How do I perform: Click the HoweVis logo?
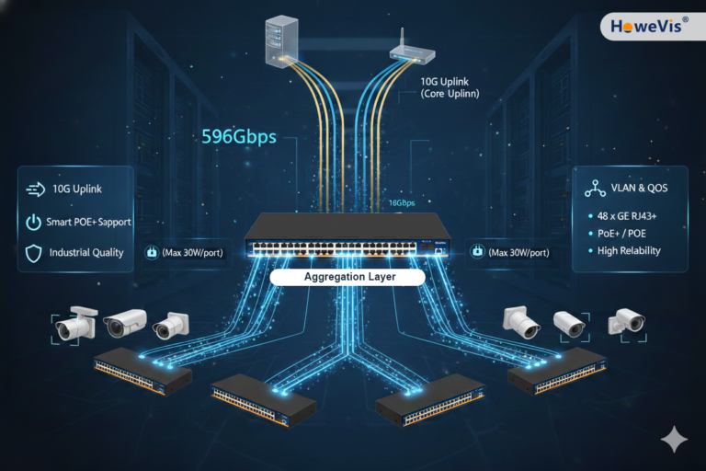(x=651, y=25)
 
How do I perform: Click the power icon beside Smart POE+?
(x=33, y=222)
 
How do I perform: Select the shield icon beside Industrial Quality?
(x=33, y=252)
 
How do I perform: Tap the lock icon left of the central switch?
(x=152, y=252)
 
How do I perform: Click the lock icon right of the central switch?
(x=477, y=252)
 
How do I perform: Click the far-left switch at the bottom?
(x=142, y=371)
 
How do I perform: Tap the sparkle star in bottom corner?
(x=674, y=440)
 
